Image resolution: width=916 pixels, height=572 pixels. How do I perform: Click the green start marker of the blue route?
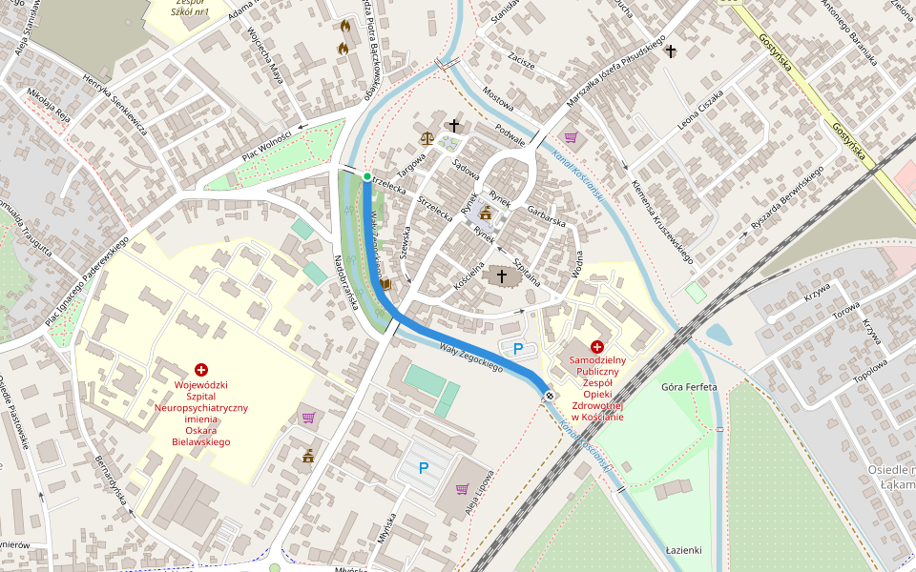[367, 176]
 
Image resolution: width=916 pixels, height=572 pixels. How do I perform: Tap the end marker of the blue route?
[550, 395]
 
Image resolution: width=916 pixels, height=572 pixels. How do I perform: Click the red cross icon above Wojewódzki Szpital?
[201, 369]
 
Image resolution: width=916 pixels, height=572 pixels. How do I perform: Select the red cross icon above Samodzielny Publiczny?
[597, 347]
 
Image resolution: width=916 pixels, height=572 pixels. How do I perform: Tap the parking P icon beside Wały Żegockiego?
[518, 349]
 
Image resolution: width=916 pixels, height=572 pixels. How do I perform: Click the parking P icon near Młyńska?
[424, 468]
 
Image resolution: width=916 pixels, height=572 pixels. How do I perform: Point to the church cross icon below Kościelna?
[501, 276]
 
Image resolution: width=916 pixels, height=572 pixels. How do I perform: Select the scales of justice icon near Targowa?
[426, 137]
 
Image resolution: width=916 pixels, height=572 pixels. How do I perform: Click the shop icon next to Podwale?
[571, 137]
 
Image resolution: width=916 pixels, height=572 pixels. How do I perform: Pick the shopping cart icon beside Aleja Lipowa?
[462, 489]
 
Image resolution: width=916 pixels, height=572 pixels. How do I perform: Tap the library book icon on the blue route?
[385, 283]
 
